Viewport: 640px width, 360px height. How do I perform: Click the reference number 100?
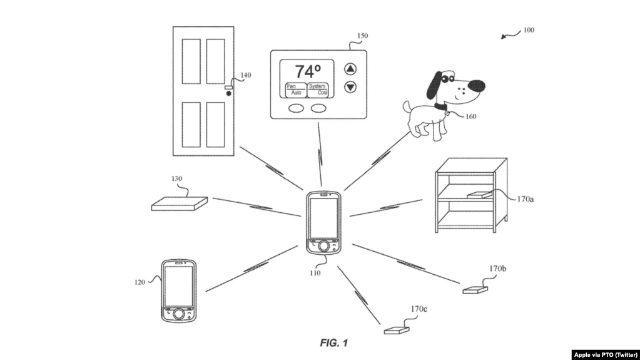click(529, 30)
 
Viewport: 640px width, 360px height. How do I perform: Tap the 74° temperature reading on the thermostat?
click(308, 71)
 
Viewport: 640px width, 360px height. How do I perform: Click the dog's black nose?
click(476, 86)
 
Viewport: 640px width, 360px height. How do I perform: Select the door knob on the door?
click(228, 93)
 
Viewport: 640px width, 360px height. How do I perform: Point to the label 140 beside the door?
click(246, 75)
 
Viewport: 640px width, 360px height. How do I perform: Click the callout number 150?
click(362, 36)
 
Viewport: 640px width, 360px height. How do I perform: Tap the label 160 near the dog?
click(470, 116)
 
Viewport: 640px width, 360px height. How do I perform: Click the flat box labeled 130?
click(179, 203)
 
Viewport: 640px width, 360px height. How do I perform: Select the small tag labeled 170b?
click(475, 290)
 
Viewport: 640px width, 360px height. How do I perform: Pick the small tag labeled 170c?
click(397, 331)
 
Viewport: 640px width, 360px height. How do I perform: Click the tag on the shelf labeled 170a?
click(480, 195)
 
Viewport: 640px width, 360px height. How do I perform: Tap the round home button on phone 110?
click(323, 246)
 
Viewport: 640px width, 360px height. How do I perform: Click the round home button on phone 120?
click(179, 314)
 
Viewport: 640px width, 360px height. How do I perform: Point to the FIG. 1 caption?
click(334, 343)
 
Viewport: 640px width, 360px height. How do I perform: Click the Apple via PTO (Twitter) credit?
click(606, 355)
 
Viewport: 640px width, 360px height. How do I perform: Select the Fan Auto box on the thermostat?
click(295, 90)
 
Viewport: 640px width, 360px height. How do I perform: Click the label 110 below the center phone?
click(315, 273)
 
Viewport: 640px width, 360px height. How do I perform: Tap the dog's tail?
click(407, 107)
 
